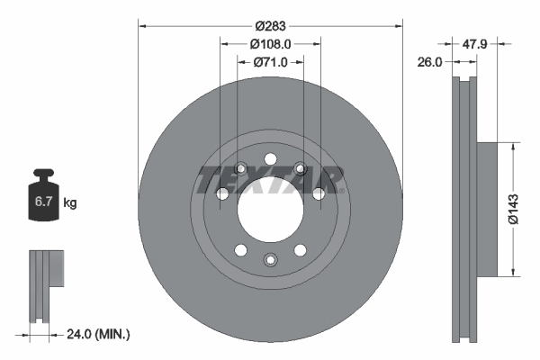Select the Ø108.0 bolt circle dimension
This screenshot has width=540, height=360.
click(x=269, y=43)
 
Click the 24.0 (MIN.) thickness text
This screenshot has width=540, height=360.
click(x=100, y=334)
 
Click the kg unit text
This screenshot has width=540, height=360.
click(x=69, y=203)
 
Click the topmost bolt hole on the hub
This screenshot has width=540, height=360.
click(x=270, y=160)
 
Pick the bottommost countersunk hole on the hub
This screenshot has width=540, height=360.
click(x=270, y=260)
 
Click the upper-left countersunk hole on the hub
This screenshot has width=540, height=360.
click(x=240, y=168)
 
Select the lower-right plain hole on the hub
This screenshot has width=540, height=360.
click(x=299, y=251)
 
